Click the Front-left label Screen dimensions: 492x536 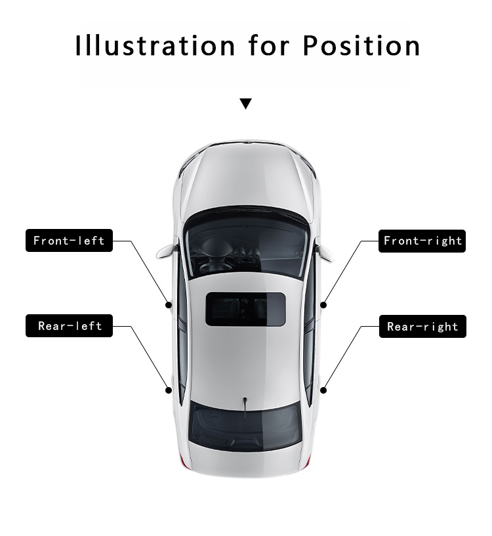(69, 241)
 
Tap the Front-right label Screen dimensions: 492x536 (422, 241)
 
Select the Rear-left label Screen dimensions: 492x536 (69, 326)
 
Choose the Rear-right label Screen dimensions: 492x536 (422, 326)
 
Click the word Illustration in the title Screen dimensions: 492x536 (155, 46)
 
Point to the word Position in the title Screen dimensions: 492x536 (361, 46)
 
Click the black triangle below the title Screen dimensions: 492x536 (245, 104)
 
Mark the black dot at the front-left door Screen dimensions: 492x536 (169, 305)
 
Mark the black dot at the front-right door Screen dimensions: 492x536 (323, 305)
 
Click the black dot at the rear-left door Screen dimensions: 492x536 (169, 390)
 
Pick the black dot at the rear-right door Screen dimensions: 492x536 (323, 390)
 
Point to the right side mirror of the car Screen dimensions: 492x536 (325, 251)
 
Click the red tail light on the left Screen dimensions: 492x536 (182, 461)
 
